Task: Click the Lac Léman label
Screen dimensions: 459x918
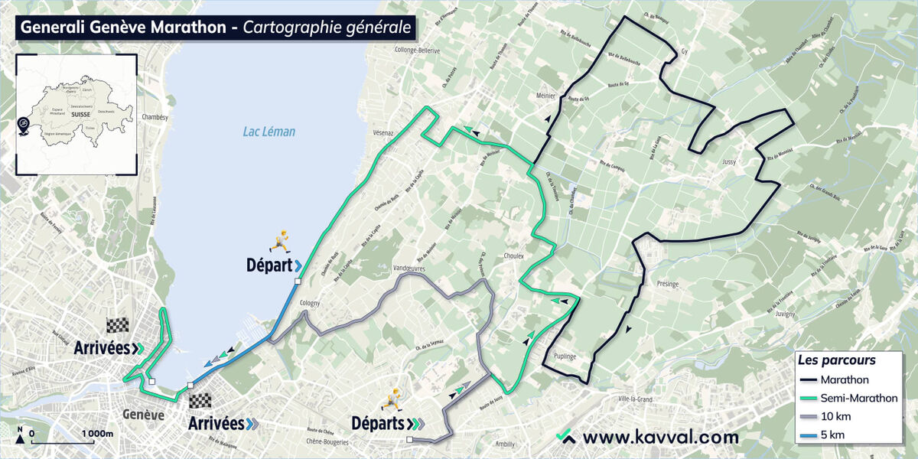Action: click(269, 132)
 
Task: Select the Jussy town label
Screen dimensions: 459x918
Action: click(729, 162)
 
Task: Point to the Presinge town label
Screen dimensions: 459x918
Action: click(667, 284)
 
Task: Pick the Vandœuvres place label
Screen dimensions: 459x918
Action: click(408, 269)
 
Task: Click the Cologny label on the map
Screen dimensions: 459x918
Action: click(310, 303)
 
